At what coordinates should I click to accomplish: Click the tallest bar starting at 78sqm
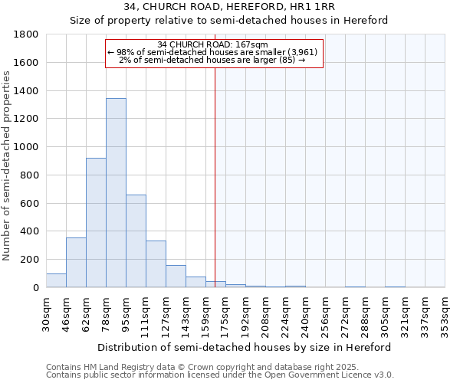[116, 193]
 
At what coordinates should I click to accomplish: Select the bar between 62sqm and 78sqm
[96, 222]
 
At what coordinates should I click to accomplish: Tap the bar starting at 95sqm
[136, 241]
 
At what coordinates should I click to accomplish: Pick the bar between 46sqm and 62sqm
[76, 263]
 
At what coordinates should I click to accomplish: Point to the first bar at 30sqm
[56, 280]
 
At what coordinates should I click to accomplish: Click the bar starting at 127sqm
[176, 277]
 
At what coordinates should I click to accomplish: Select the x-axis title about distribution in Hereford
[245, 347]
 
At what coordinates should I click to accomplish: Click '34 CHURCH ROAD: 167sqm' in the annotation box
[212, 44]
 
